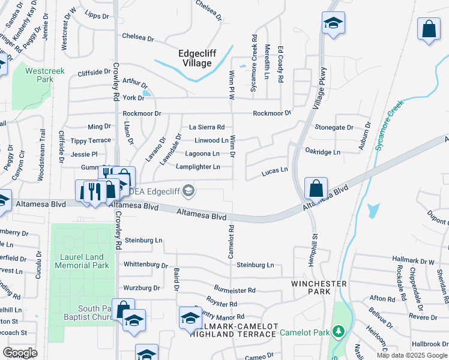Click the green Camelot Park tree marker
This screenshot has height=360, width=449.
click(x=339, y=331)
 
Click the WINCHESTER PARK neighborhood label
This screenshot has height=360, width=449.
click(x=319, y=287)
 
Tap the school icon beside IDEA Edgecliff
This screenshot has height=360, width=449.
click(x=188, y=191)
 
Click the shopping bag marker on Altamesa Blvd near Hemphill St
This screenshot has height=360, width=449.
click(x=316, y=188)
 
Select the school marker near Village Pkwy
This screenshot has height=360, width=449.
click(x=333, y=23)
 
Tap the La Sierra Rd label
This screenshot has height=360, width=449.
click(x=206, y=127)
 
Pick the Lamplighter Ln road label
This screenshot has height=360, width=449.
click(x=197, y=167)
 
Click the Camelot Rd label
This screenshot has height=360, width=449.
click(x=231, y=242)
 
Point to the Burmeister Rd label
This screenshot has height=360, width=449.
click(x=234, y=290)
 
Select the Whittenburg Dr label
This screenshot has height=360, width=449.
click(x=145, y=265)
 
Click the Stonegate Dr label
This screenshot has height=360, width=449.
click(x=334, y=128)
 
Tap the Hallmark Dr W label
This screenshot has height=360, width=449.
click(x=413, y=259)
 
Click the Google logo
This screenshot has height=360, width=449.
click(x=20, y=353)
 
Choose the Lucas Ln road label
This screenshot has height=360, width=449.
click(x=275, y=172)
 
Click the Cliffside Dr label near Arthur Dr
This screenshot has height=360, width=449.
click(x=98, y=73)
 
